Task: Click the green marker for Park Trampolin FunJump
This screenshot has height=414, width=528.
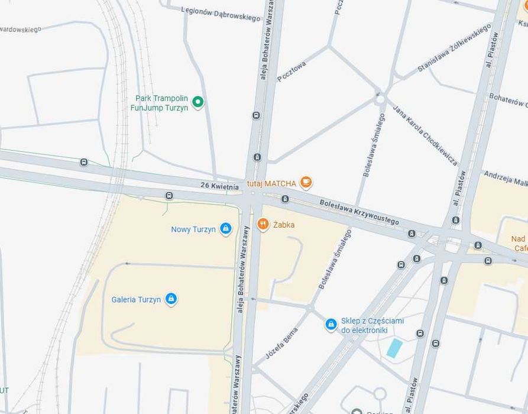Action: (198, 102)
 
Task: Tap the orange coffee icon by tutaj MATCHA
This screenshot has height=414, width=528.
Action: (306, 183)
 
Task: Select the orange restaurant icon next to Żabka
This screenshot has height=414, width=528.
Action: (263, 224)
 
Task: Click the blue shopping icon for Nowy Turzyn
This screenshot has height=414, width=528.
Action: (225, 229)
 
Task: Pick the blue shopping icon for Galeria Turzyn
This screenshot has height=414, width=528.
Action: (171, 299)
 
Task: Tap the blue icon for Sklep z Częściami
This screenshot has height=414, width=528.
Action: (331, 325)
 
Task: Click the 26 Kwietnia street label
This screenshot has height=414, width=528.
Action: (219, 186)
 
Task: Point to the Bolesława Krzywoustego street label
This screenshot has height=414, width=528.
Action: (359, 212)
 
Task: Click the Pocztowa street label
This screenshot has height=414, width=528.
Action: (291, 71)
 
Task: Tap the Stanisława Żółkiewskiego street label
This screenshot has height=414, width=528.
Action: (454, 48)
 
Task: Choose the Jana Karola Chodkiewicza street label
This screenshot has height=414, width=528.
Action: (425, 134)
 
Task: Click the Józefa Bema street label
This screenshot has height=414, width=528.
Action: (281, 343)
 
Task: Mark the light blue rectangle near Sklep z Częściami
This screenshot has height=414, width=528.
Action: (394, 348)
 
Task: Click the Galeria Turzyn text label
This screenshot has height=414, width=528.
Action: (136, 300)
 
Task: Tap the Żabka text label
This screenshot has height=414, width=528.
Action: (284, 225)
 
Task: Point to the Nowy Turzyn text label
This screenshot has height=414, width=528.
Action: (193, 229)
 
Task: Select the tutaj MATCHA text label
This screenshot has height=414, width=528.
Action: (271, 184)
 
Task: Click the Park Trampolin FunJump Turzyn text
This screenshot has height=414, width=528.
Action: (161, 103)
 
